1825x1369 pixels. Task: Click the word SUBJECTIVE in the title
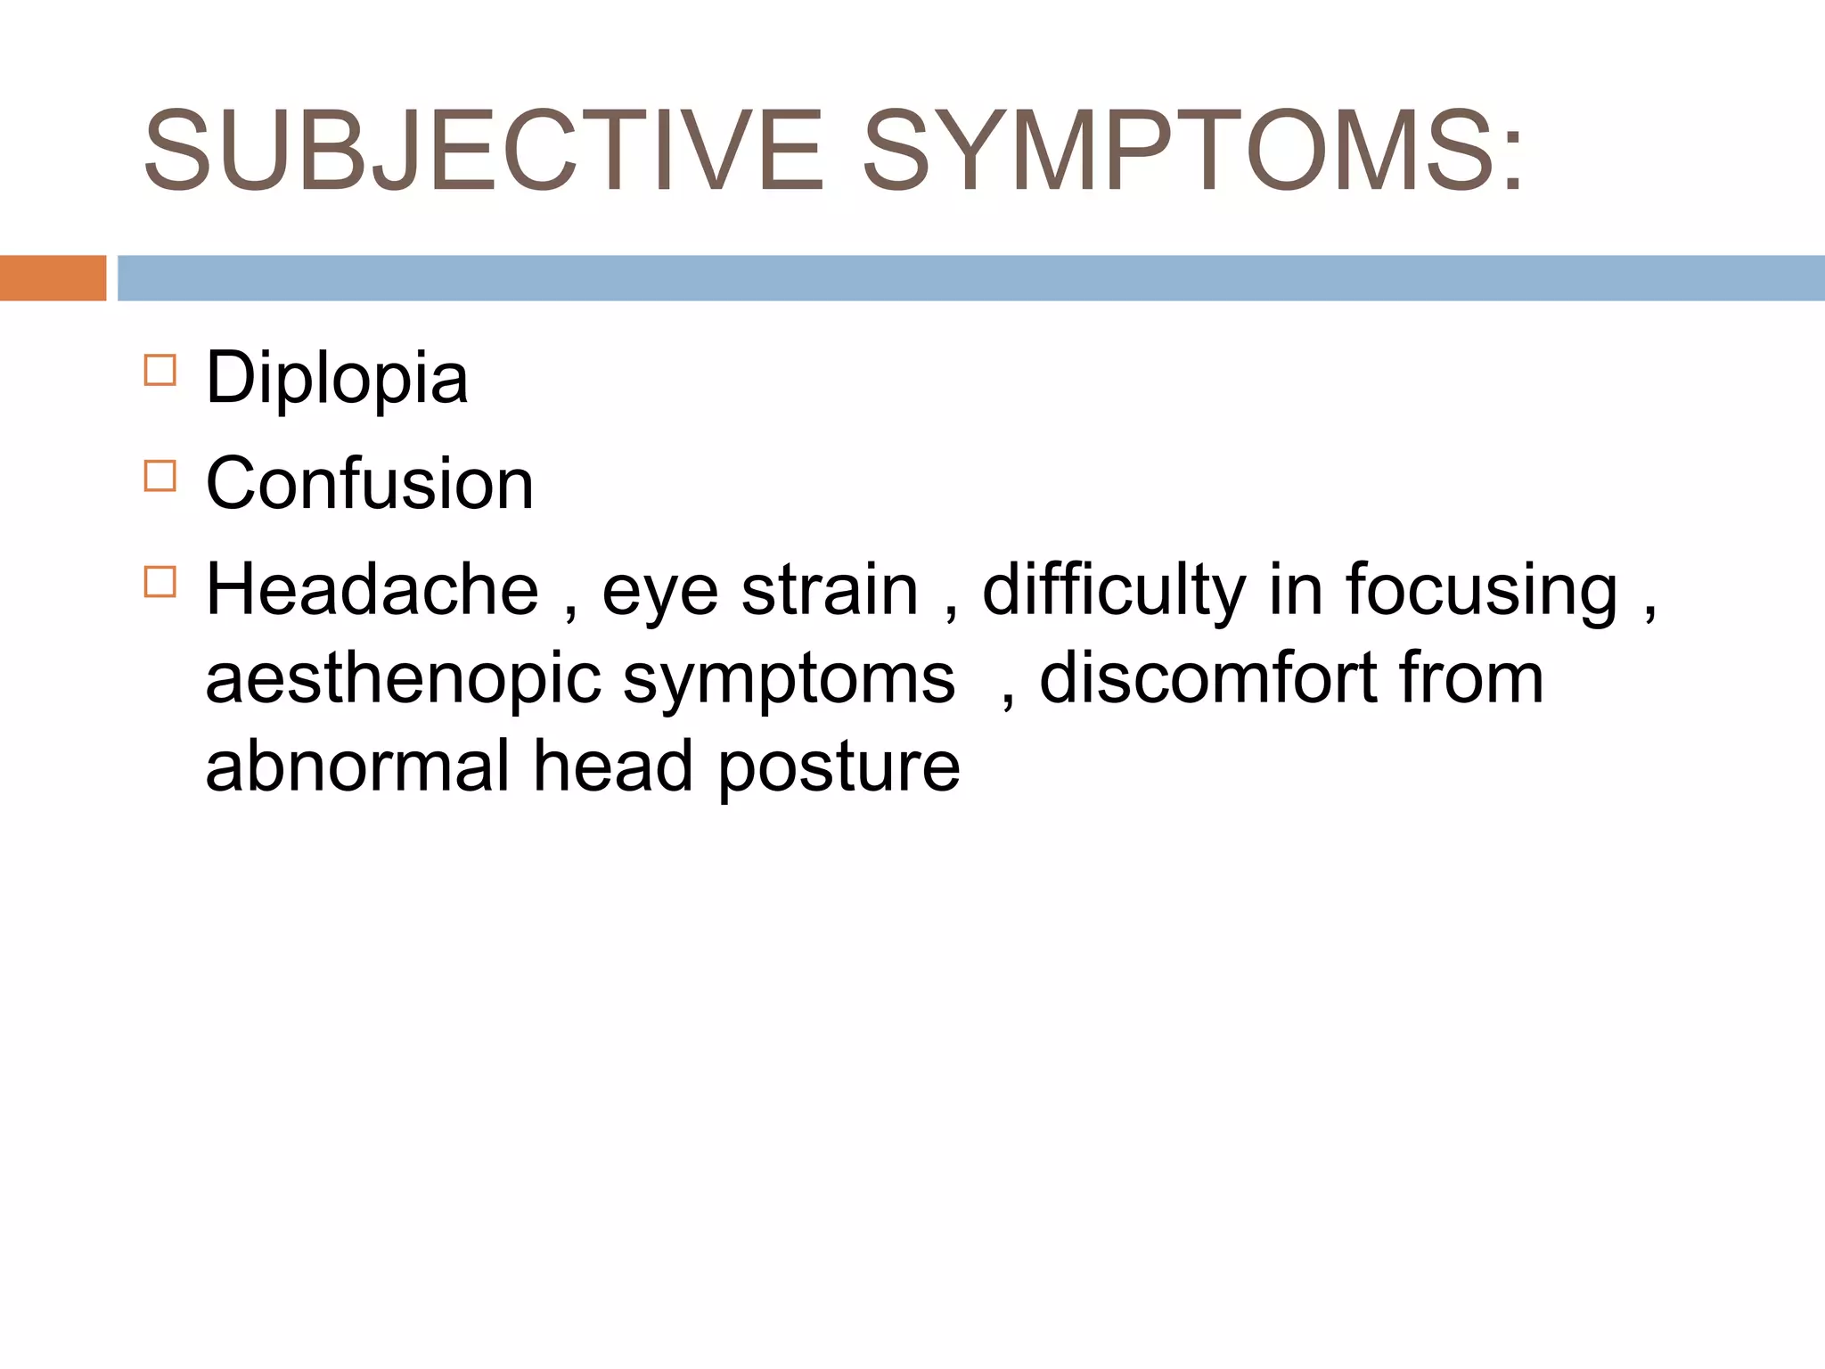pyautogui.click(x=483, y=151)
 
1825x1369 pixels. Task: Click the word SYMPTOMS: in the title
pyautogui.click(x=1193, y=151)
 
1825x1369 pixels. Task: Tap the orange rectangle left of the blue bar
pyautogui.click(x=53, y=278)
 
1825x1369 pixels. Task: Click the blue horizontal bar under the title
pyautogui.click(x=970, y=278)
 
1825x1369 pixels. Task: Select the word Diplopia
pyautogui.click(x=337, y=378)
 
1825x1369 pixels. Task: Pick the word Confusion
pyautogui.click(x=370, y=484)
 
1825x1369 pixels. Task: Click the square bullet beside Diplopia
pyautogui.click(x=160, y=370)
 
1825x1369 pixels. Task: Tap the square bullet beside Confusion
pyautogui.click(x=160, y=476)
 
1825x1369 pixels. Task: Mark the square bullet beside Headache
pyautogui.click(x=160, y=582)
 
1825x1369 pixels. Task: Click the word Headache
pyautogui.click(x=372, y=590)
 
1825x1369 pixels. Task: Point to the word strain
pyautogui.click(x=830, y=590)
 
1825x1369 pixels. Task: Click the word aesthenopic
pyautogui.click(x=404, y=679)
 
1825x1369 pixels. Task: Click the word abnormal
pyautogui.click(x=357, y=766)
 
